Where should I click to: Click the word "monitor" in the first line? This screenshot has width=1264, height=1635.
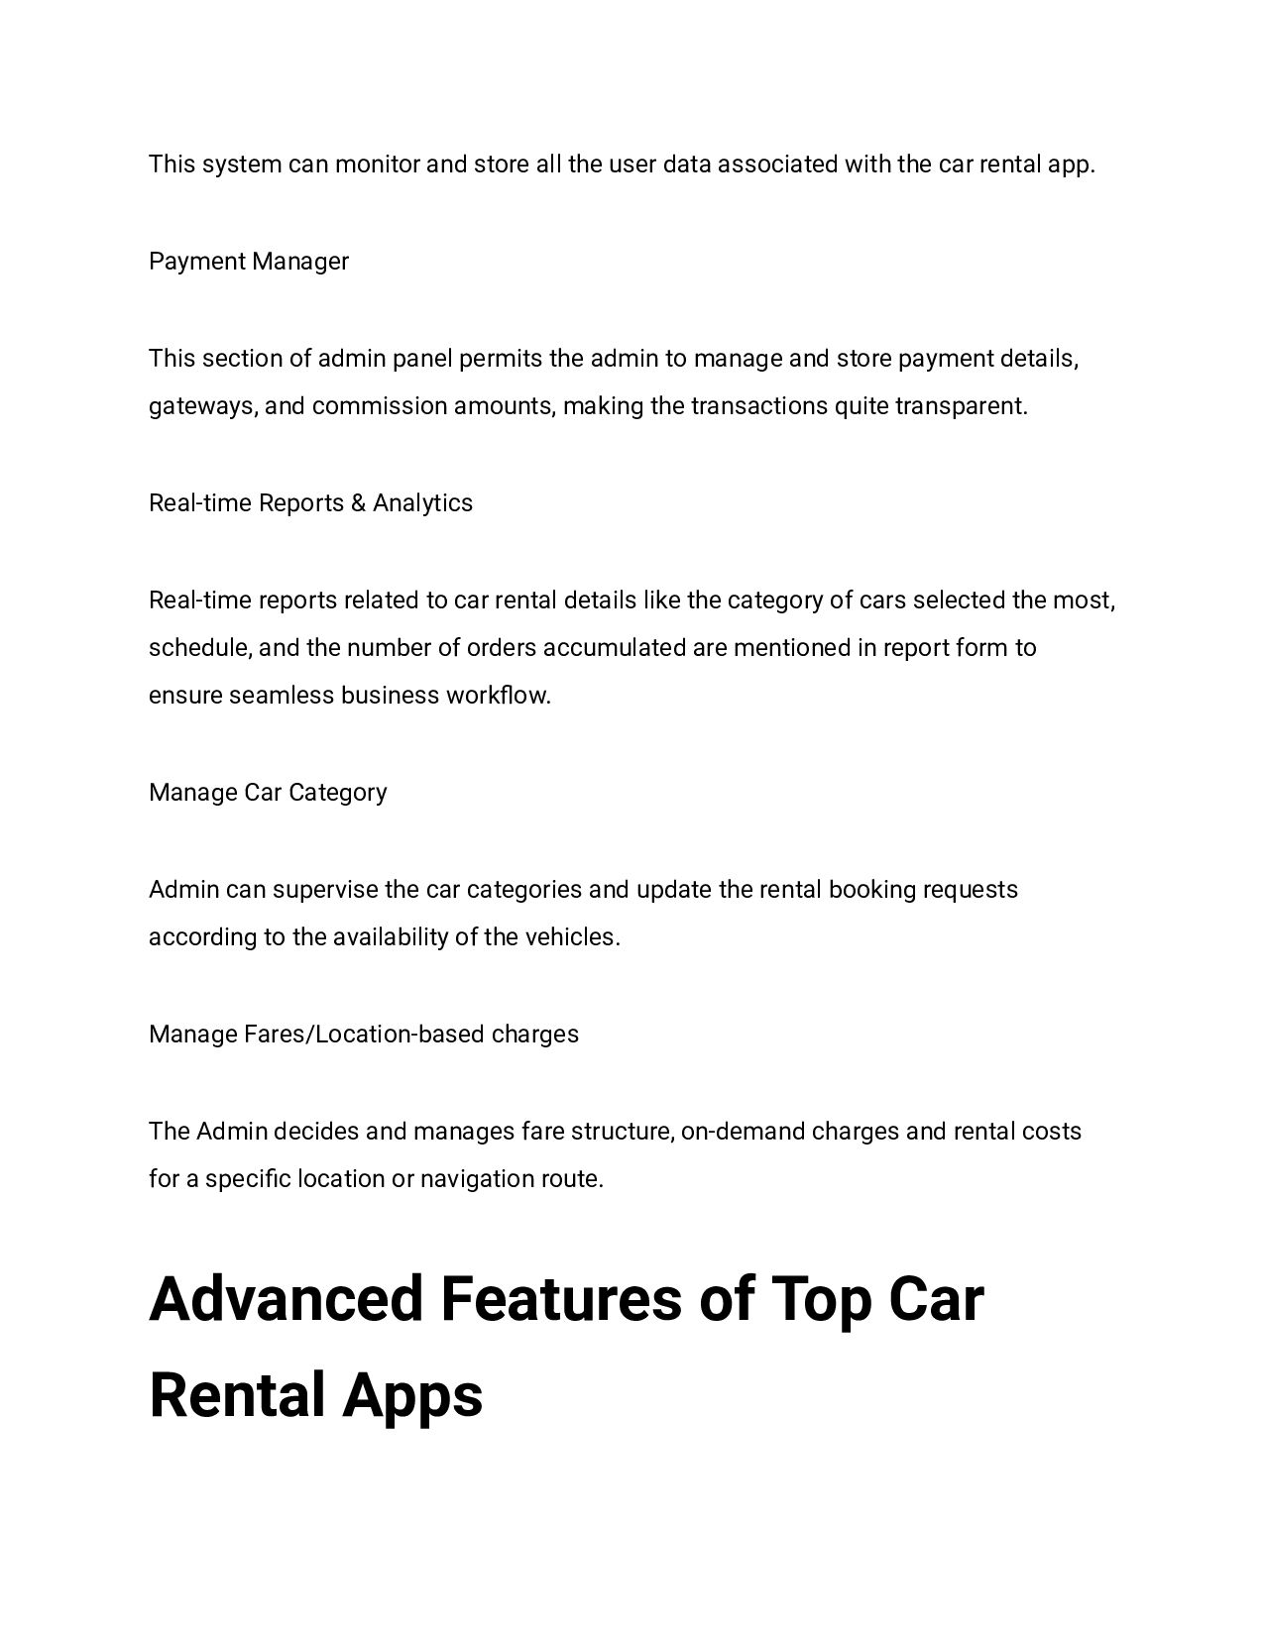click(377, 164)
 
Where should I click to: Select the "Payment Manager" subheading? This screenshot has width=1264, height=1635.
click(249, 262)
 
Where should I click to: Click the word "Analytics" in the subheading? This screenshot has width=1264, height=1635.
click(423, 503)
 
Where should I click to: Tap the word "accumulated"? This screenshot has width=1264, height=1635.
click(615, 648)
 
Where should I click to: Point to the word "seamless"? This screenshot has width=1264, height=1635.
click(282, 696)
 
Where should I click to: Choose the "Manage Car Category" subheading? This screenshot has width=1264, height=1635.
click(268, 793)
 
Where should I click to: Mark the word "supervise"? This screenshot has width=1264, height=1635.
click(325, 890)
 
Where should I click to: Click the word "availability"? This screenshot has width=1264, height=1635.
click(391, 937)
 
